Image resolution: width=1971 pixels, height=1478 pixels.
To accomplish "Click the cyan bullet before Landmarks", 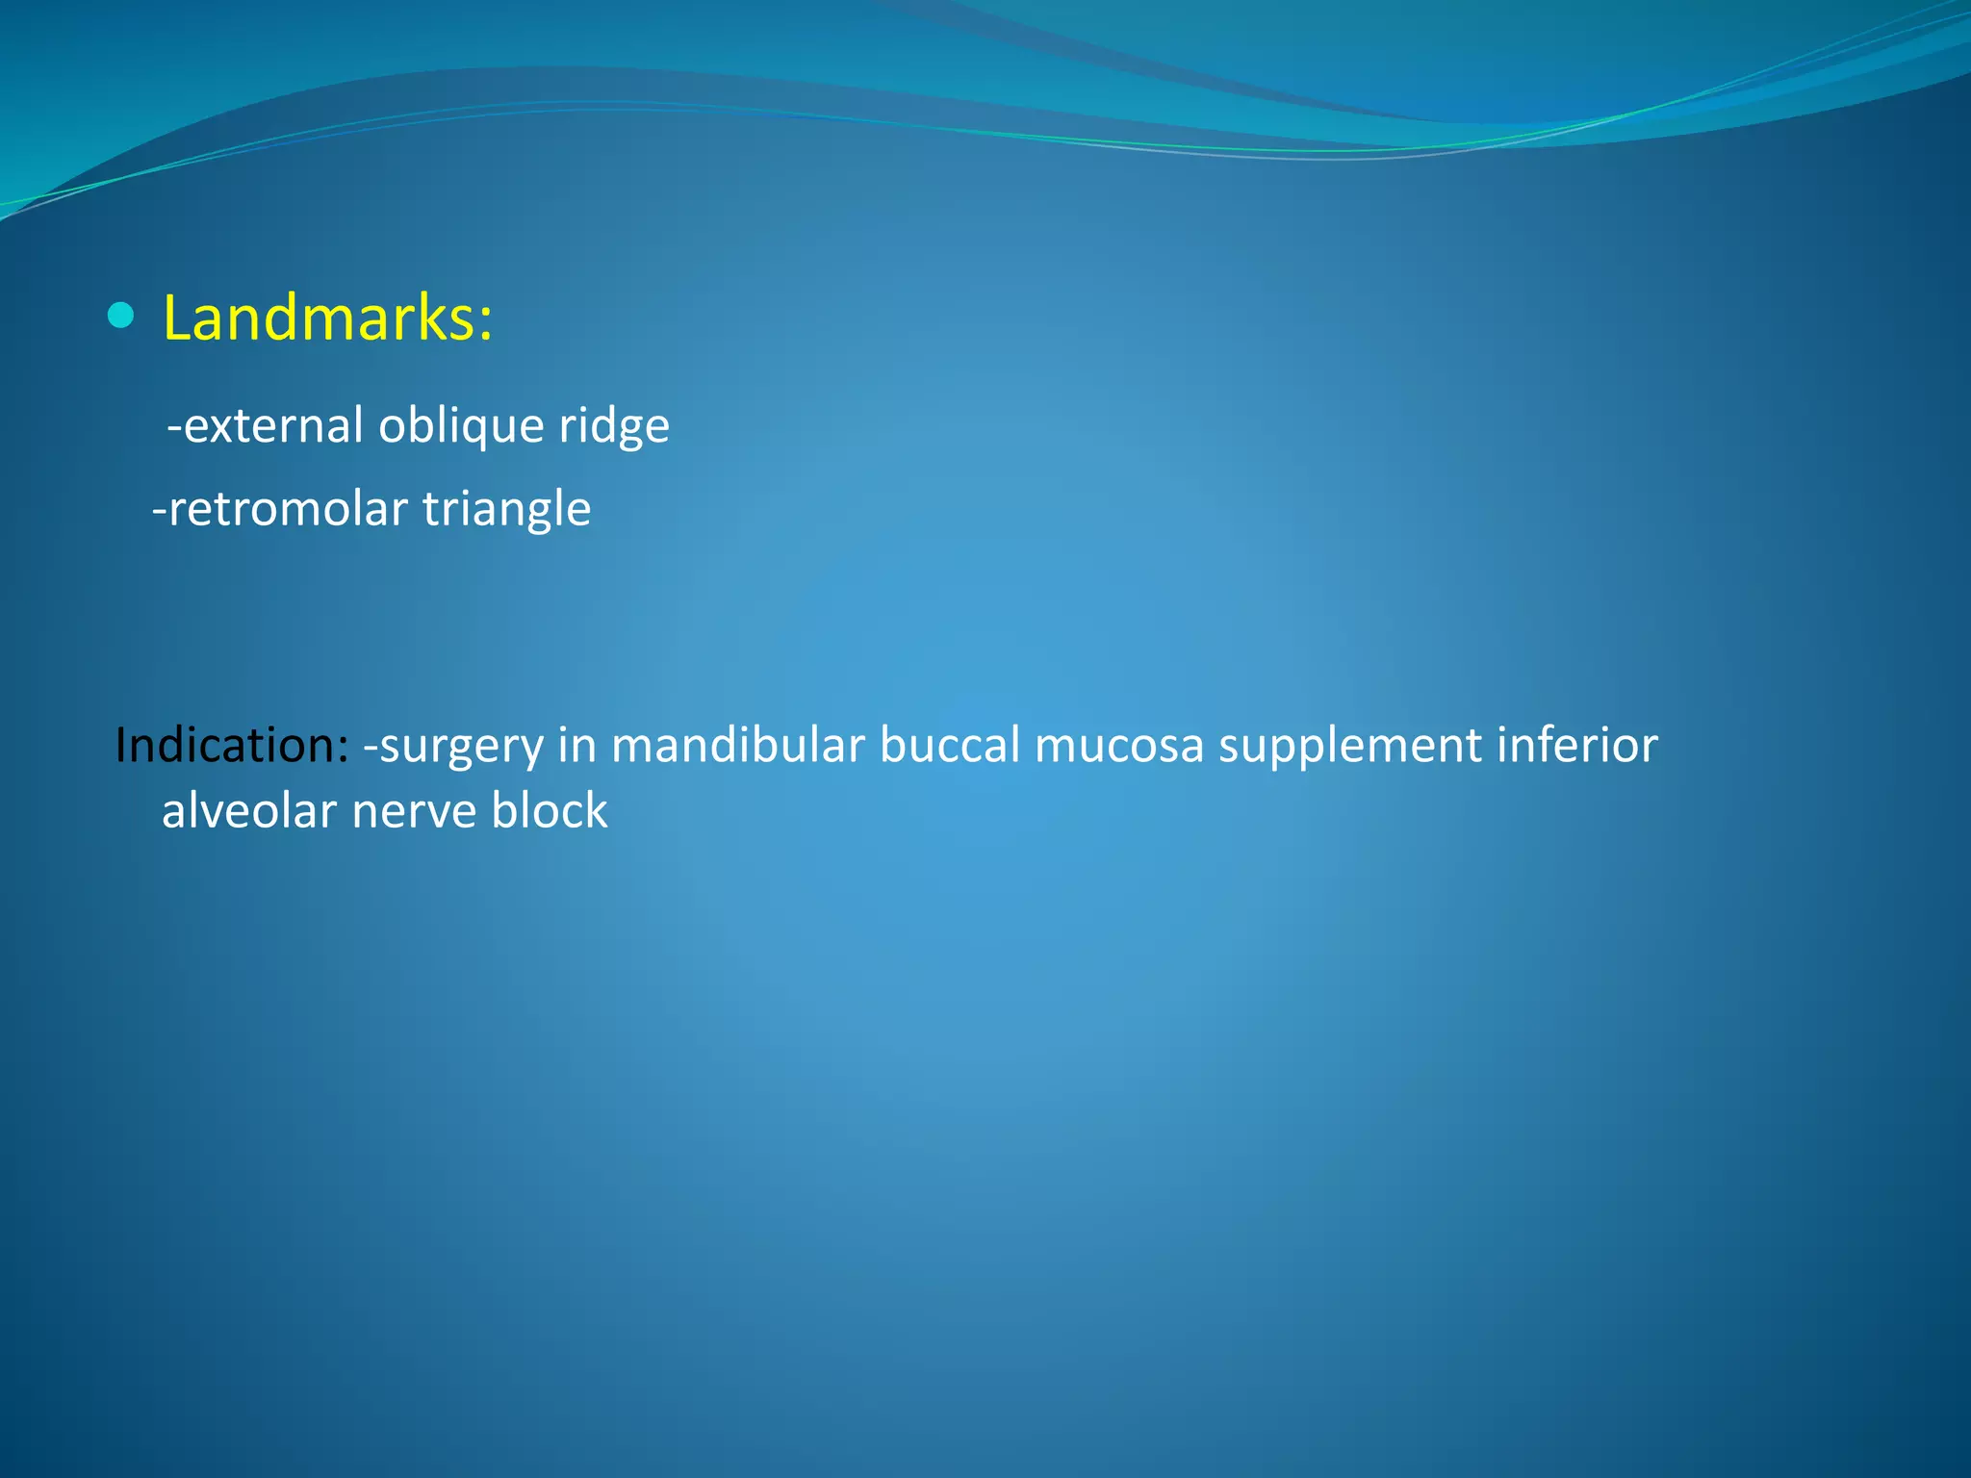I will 121,316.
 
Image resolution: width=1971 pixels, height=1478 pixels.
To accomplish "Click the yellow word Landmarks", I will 318,319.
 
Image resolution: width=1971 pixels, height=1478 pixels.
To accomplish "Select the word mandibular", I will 737,746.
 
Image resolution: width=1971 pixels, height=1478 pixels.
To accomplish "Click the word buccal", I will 949,746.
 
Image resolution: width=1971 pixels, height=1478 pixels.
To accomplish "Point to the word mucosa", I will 1118,746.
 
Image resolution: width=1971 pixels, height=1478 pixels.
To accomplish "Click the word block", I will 549,811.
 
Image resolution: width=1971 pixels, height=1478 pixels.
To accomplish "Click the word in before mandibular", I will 576,746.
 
